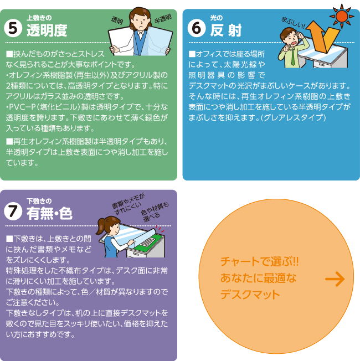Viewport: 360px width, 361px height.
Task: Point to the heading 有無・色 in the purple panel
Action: coord(49,213)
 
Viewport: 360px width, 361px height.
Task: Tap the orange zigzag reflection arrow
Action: coord(321,42)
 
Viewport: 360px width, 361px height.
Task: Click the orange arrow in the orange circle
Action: coord(335,280)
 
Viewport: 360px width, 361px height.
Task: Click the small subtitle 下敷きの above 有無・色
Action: coord(39,200)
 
